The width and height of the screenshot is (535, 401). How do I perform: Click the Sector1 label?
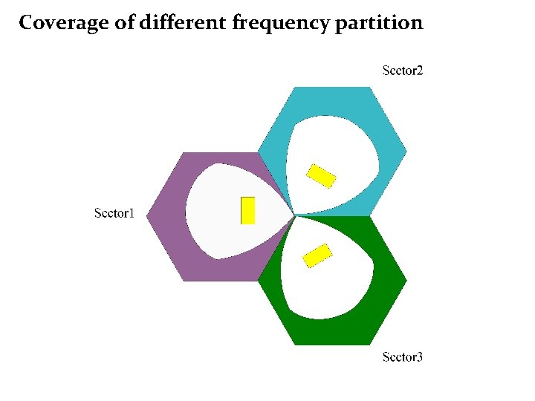(114, 214)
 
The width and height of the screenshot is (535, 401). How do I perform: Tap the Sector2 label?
(402, 71)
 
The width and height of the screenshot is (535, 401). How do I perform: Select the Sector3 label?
(402, 357)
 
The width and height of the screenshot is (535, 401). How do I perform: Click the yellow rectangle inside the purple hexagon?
(248, 210)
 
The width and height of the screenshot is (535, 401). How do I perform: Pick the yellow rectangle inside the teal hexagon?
(322, 175)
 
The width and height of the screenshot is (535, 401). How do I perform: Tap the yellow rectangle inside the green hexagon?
(317, 255)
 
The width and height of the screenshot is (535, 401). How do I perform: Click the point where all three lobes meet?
(295, 215)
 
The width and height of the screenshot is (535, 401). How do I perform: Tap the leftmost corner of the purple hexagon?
(147, 216)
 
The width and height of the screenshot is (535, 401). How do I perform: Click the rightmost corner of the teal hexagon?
(406, 151)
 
